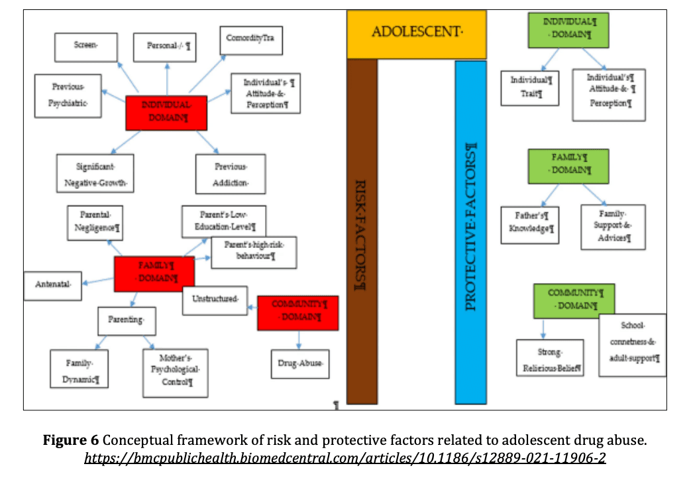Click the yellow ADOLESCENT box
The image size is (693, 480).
(416, 33)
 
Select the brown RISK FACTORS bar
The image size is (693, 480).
(362, 232)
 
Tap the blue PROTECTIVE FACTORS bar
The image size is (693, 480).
(470, 232)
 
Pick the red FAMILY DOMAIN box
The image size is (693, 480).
(154, 273)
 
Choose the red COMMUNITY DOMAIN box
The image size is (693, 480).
(297, 312)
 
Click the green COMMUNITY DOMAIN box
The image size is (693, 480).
(574, 300)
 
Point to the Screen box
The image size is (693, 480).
(85, 47)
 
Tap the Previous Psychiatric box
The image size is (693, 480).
(69, 95)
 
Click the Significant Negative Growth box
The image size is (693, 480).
(95, 173)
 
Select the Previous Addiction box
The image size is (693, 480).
(230, 174)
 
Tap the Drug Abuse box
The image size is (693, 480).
(300, 363)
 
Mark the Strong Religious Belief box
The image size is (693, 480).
(550, 358)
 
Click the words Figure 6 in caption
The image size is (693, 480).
(70, 440)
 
